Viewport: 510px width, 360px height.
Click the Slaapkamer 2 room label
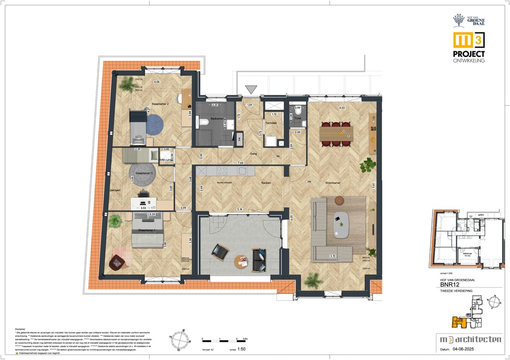(160, 103)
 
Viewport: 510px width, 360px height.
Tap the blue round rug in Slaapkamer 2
(154, 125)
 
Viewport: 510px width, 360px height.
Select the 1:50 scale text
(241, 350)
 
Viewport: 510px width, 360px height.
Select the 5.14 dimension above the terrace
(239, 209)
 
